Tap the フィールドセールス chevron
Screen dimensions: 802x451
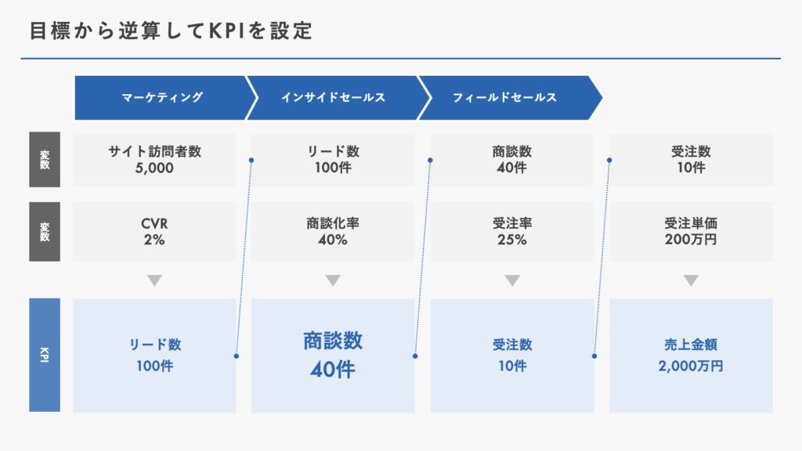(x=509, y=98)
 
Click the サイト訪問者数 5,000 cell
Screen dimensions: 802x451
(x=154, y=160)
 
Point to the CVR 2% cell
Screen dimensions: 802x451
(x=154, y=232)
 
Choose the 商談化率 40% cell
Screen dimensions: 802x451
(x=333, y=232)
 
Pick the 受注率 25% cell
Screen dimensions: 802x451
(x=512, y=232)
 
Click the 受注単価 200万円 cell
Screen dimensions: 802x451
(x=691, y=232)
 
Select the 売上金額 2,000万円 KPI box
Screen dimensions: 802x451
(x=691, y=355)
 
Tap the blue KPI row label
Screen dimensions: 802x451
(x=45, y=355)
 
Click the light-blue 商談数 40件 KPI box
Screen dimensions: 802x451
(x=333, y=355)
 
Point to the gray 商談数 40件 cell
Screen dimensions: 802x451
(x=512, y=160)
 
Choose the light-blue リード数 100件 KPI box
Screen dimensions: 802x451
(x=154, y=355)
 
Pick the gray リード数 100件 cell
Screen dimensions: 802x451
(x=333, y=160)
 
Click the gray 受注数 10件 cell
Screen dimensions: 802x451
(x=691, y=160)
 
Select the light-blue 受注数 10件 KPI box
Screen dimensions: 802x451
(x=512, y=355)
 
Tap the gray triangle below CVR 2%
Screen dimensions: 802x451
(x=154, y=280)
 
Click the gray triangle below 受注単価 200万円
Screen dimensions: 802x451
(x=691, y=280)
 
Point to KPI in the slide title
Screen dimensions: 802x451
(x=226, y=31)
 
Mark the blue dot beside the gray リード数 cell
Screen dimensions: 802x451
(x=251, y=161)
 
